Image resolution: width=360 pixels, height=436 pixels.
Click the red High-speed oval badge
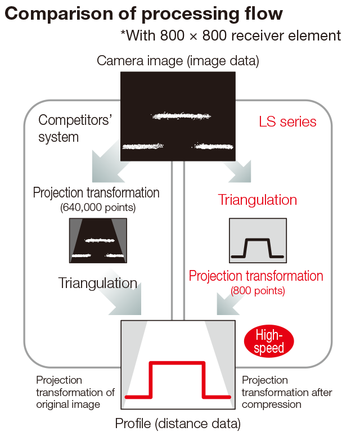click(x=269, y=341)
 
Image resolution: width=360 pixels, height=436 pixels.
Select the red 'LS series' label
click(x=287, y=122)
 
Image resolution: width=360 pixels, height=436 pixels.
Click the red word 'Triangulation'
click(x=257, y=200)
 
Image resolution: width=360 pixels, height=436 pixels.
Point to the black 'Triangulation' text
click(x=97, y=282)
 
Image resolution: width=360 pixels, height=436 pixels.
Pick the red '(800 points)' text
click(x=258, y=291)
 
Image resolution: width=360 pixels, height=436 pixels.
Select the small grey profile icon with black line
click(x=258, y=241)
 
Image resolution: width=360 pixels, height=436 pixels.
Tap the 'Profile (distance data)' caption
click(x=178, y=422)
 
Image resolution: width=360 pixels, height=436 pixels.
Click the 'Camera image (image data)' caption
click(x=178, y=60)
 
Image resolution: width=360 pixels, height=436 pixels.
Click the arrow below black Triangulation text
click(x=125, y=300)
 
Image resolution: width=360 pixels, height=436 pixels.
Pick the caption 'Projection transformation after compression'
click(x=287, y=392)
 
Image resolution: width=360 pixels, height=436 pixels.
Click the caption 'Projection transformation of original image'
click(x=75, y=392)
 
